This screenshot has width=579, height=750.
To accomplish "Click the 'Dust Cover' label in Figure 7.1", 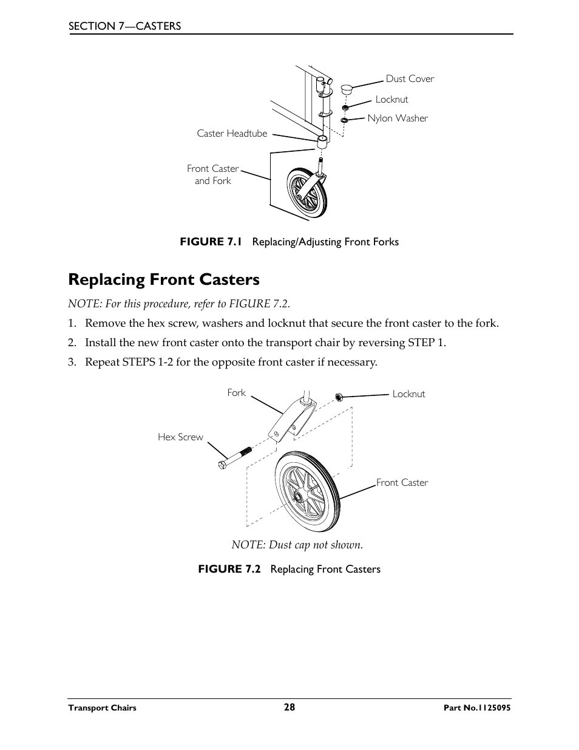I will (410, 79).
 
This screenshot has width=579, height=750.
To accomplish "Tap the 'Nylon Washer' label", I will (398, 118).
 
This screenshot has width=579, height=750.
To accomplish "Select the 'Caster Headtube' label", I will (232, 134).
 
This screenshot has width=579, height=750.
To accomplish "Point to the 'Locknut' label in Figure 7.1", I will (391, 100).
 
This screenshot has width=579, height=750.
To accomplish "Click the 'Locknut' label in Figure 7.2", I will (408, 394).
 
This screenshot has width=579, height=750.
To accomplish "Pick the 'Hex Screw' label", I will (180, 437).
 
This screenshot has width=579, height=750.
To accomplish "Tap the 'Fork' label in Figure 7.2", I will (236, 393).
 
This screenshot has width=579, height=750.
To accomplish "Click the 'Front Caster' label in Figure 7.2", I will (402, 483).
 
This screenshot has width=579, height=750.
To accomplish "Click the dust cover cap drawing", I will (347, 90).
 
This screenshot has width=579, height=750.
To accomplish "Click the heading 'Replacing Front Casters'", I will (164, 279).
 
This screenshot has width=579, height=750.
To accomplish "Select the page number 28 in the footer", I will (289, 707).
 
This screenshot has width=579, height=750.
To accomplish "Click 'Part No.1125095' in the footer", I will (477, 708).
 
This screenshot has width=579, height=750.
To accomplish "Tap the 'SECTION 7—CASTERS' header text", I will (124, 26).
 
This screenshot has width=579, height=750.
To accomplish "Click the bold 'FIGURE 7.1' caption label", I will (211, 242).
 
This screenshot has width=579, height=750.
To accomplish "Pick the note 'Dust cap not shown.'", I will (297, 545).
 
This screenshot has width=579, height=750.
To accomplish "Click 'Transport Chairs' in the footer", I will (102, 708).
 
